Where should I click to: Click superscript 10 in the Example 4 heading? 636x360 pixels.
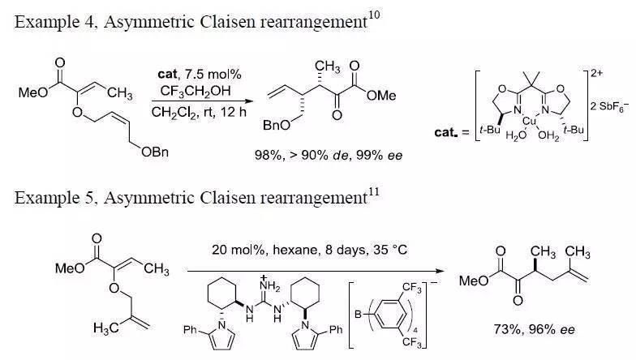373,18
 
